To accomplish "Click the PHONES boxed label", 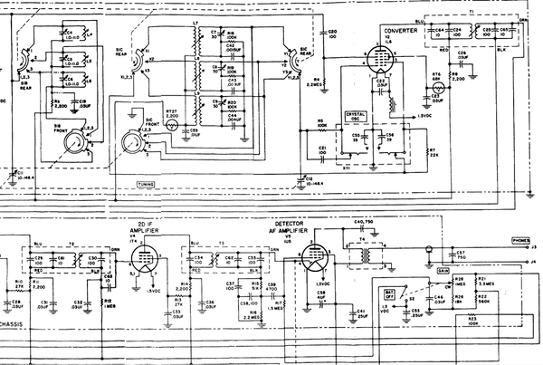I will point(521,241).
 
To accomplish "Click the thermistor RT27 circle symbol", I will point(172,127).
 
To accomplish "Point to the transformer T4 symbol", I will point(367,256).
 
